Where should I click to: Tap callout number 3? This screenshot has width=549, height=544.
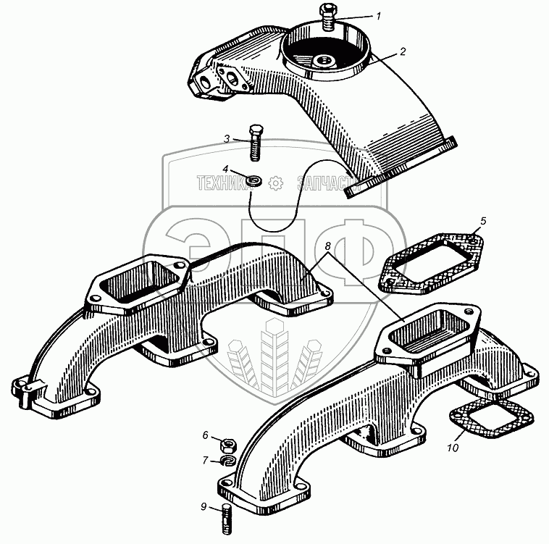(x=227, y=138)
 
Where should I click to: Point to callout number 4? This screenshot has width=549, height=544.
(x=226, y=169)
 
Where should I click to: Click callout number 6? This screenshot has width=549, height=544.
(x=205, y=435)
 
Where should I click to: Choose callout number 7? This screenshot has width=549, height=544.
(x=205, y=460)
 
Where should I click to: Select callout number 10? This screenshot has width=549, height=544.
(x=453, y=448)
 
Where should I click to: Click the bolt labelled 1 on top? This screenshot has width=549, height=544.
(x=326, y=17)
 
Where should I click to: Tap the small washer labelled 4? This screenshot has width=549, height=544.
(x=253, y=178)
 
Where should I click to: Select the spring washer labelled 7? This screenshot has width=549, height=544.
(x=225, y=461)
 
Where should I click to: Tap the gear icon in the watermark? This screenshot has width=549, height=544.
(x=274, y=184)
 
